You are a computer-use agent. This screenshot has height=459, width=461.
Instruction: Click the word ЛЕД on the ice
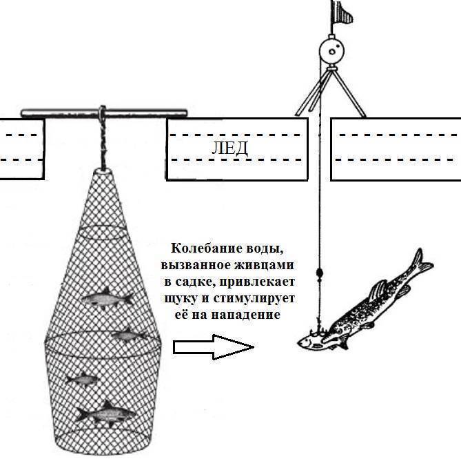229,148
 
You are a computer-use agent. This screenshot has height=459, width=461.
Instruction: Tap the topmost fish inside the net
107,297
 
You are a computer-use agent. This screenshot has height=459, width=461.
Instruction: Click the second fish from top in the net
129,335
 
